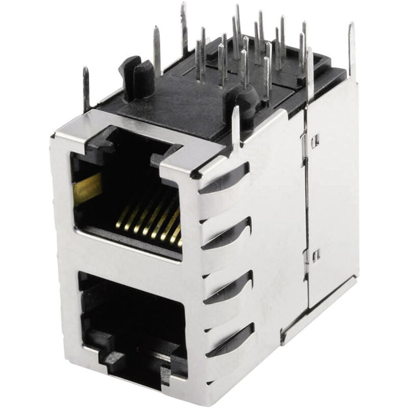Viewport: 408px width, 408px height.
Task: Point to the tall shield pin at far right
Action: tap(351, 51)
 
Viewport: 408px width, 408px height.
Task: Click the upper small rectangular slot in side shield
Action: tap(315, 140)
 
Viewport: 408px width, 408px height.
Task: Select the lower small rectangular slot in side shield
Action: tap(317, 255)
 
